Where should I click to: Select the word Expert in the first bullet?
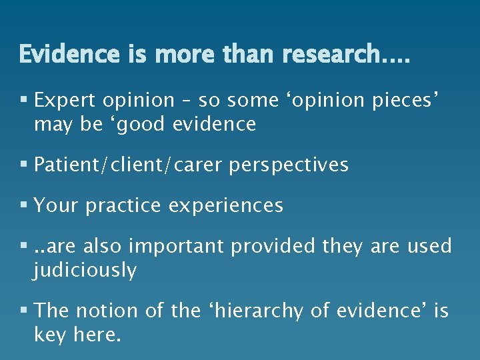pos(65,101)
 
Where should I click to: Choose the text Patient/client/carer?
pos(129,165)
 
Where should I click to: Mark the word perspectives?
pos(289,165)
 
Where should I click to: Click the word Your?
pos(57,206)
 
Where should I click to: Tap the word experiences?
pos(226,206)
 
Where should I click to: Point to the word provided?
pos(273,247)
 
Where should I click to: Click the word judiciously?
pos(85,271)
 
